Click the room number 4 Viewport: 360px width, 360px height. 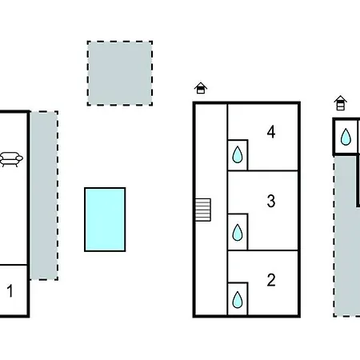coord(271,132)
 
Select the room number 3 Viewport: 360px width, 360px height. coord(271,201)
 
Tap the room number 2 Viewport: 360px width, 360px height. coord(271,280)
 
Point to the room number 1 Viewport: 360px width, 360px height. coord(10,290)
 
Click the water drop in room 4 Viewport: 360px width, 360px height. coord(238,154)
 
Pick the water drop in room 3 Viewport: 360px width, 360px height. coord(238,232)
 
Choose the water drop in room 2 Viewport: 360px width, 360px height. coord(238,300)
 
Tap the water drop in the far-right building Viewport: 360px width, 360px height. coord(346,137)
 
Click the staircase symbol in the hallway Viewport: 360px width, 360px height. coord(203,210)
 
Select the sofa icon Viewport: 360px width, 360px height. coord(11,159)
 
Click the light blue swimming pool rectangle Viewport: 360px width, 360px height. coord(105,219)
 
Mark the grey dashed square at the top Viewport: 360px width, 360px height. coord(120,74)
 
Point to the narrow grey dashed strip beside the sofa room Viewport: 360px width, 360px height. coord(44,195)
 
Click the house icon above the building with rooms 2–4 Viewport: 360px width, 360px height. coord(201,88)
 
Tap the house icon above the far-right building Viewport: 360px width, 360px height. coord(340,103)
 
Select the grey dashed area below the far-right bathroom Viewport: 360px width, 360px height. coord(346,236)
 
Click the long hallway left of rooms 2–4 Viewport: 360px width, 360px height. coord(211,210)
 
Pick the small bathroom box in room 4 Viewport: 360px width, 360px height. coord(238,154)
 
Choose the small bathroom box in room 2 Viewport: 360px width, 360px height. coord(238,298)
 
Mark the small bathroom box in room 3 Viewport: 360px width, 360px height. coord(238,232)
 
